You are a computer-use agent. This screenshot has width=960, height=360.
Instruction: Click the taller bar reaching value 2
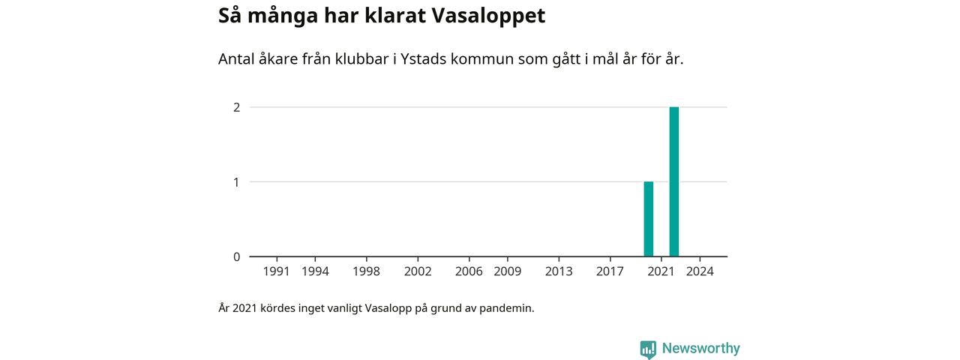(673, 181)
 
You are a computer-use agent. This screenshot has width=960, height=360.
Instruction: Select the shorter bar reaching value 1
(649, 219)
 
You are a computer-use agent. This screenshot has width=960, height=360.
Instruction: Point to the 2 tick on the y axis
(236, 107)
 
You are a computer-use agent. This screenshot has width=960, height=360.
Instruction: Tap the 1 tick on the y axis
(236, 182)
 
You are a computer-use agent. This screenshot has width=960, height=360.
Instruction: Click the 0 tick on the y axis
(236, 256)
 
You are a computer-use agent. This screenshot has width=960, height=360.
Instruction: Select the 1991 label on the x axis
(277, 271)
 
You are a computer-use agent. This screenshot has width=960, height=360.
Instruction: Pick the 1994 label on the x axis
(315, 271)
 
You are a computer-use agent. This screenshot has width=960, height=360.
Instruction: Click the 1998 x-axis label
(367, 271)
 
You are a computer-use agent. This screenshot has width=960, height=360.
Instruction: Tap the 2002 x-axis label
(418, 271)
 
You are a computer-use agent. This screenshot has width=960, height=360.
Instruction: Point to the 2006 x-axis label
(469, 271)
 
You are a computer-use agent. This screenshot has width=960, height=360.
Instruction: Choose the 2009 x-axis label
(508, 271)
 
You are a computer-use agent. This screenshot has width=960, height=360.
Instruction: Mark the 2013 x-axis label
(559, 271)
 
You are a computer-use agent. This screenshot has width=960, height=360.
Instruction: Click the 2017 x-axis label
(610, 271)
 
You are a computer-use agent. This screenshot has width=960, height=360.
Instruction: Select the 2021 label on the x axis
(661, 271)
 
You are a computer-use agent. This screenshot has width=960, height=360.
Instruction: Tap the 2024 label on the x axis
(700, 271)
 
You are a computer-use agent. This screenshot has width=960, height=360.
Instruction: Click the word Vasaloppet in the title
(488, 16)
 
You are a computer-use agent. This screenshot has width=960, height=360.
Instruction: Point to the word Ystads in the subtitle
(425, 59)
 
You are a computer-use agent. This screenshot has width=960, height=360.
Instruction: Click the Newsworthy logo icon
(648, 349)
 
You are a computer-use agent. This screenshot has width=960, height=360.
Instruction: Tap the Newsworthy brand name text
(701, 349)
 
